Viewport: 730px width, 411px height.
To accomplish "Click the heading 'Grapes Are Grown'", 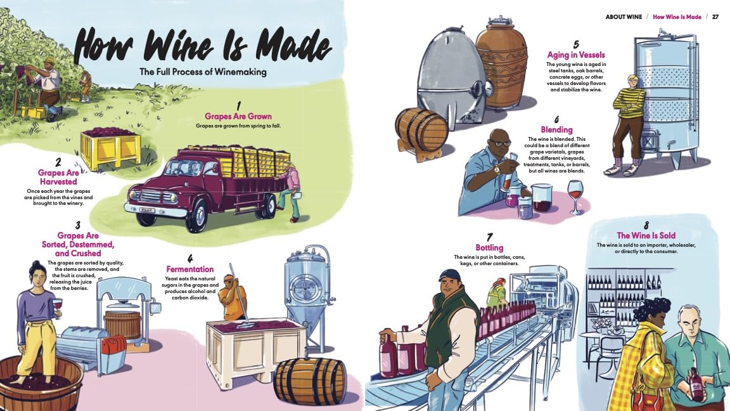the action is tap(238, 116).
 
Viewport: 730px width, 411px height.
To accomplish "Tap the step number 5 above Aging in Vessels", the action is tap(576, 44).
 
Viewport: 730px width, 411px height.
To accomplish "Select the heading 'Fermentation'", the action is tap(190, 269).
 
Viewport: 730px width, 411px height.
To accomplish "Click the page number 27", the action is tap(715, 16).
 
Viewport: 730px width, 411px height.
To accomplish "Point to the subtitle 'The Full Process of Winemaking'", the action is tap(203, 72).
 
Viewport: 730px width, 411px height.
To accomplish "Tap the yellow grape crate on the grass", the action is tap(111, 148).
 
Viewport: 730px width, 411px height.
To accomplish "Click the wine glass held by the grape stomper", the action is tap(57, 308).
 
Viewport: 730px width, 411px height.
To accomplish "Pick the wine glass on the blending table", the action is tap(575, 197).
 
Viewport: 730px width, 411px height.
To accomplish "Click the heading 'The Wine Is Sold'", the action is tap(646, 235).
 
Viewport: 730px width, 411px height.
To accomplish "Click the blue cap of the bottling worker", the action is tap(449, 275).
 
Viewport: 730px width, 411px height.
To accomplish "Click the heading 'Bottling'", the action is tap(489, 247).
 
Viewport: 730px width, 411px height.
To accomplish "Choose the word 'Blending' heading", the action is tap(556, 129).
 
